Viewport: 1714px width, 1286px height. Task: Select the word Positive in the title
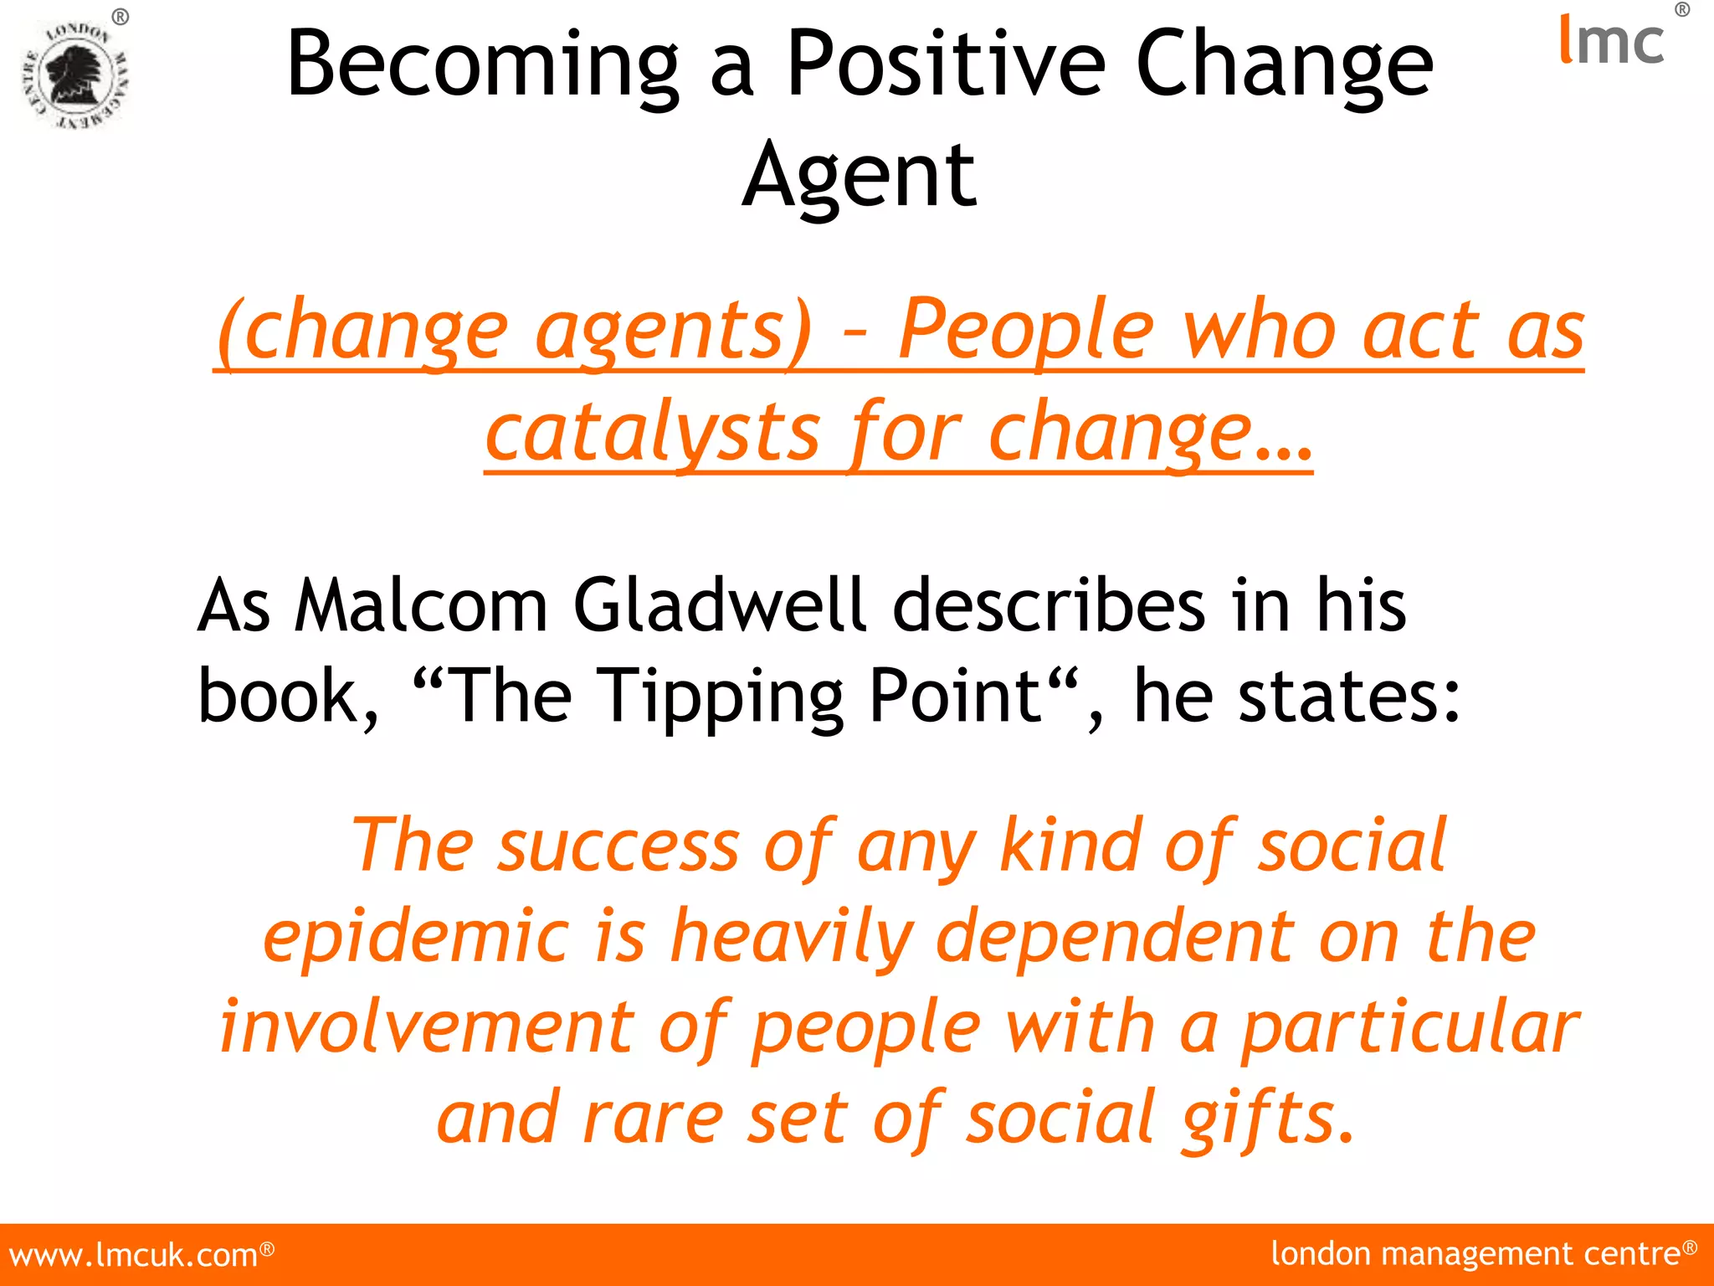click(x=946, y=65)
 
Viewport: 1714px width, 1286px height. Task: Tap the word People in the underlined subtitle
click(x=1026, y=332)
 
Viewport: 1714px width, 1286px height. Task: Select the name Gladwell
click(x=720, y=604)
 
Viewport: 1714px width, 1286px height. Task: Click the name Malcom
click(x=422, y=604)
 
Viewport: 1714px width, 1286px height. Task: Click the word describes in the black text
click(x=1049, y=604)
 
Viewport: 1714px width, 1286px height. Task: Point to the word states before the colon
click(x=1337, y=697)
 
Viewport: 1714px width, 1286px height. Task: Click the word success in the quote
click(x=618, y=846)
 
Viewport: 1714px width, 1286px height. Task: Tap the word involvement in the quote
click(x=427, y=1027)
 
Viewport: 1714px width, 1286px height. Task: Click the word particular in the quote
click(x=1409, y=1027)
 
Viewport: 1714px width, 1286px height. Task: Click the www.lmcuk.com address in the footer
click(x=134, y=1255)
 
